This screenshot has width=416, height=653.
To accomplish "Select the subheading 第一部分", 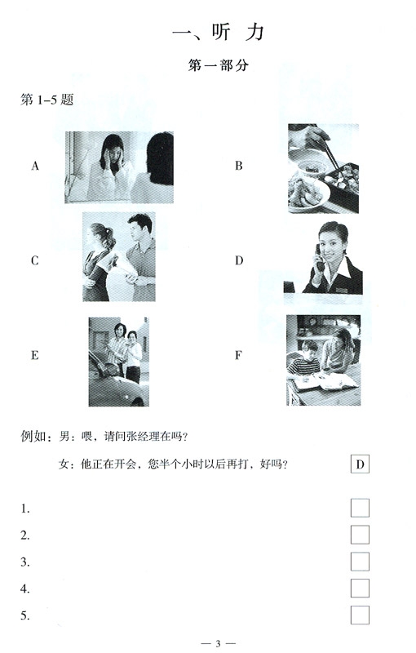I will [x=218, y=67].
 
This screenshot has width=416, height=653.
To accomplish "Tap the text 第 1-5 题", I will [x=47, y=100].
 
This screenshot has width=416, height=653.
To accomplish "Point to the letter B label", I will [x=239, y=167].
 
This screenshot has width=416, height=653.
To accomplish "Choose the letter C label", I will [x=35, y=261].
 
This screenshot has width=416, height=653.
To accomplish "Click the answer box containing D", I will [x=360, y=465].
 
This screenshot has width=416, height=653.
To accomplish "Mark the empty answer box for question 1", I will [x=360, y=508].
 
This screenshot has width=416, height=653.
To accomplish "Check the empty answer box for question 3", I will [x=360, y=562].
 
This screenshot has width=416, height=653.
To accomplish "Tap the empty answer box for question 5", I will [x=360, y=615].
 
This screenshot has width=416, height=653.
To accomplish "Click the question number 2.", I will [x=25, y=535].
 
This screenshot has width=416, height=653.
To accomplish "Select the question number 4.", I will [x=25, y=589].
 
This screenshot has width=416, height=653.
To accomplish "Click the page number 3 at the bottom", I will [x=218, y=644].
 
